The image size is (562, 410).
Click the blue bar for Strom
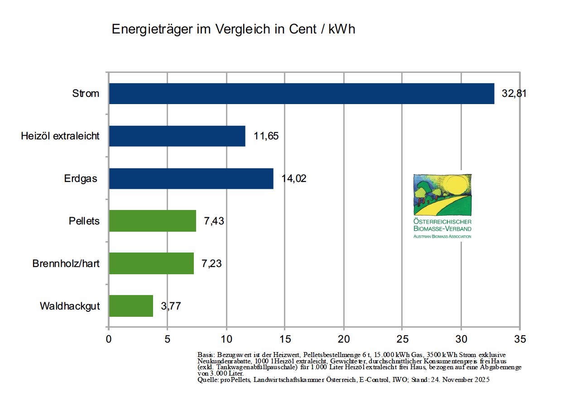[x=301, y=94]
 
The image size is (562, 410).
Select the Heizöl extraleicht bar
[x=177, y=136]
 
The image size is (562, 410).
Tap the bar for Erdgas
[x=191, y=178]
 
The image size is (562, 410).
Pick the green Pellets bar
[x=153, y=221]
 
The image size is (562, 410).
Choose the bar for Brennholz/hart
[x=151, y=263]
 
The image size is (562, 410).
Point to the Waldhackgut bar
[x=131, y=306]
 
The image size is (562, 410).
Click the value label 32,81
[x=514, y=94]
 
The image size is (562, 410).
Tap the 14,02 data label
[x=294, y=178]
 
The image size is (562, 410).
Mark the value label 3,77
[x=171, y=306]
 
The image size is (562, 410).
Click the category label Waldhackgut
[x=69, y=306]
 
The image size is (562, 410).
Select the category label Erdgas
[x=81, y=178]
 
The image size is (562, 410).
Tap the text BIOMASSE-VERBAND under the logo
[x=442, y=229]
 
